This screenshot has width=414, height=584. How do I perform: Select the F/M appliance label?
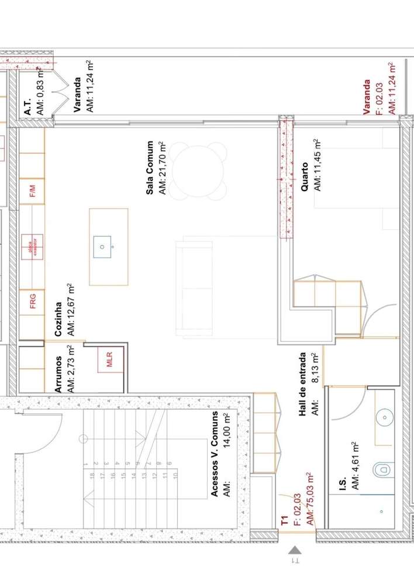pyautogui.click(x=33, y=192)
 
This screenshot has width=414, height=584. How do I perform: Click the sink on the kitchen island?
pyautogui.click(x=103, y=247)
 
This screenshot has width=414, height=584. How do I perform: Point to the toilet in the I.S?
pyautogui.click(x=383, y=468)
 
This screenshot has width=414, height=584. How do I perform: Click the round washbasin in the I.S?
pyautogui.click(x=384, y=417)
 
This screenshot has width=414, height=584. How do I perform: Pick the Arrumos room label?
pyautogui.click(x=58, y=373)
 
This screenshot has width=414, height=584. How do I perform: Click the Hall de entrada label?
pyautogui.click(x=303, y=384)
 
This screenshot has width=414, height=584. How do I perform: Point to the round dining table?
pyautogui.click(x=199, y=172)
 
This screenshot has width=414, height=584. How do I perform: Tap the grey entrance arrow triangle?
pyautogui.click(x=295, y=549)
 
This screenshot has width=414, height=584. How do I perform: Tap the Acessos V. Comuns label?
pyautogui.click(x=215, y=454)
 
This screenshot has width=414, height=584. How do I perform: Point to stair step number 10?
pyautogui.click(x=175, y=476)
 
